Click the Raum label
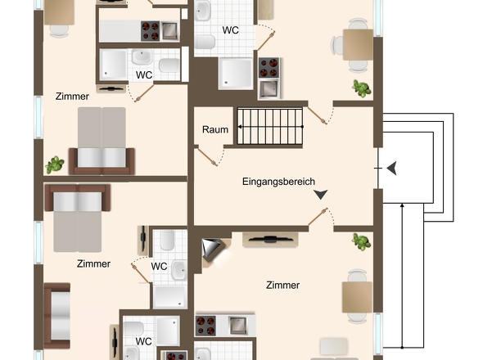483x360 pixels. [x=215, y=130]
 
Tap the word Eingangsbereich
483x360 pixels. [x=278, y=182]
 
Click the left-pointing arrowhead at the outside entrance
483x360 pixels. [x=392, y=168]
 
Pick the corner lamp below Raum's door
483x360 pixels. [x=212, y=250]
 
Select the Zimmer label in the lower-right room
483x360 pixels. [x=282, y=286]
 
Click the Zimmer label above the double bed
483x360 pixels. [x=72, y=97]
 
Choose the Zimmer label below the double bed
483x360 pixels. [x=93, y=263]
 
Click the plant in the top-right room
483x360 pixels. [x=359, y=87]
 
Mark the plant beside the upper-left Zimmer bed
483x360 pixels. [x=55, y=164]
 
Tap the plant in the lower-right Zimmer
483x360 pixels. [x=360, y=241]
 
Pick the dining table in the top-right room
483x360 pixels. [x=358, y=44]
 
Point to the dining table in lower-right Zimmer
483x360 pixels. [x=357, y=299]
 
